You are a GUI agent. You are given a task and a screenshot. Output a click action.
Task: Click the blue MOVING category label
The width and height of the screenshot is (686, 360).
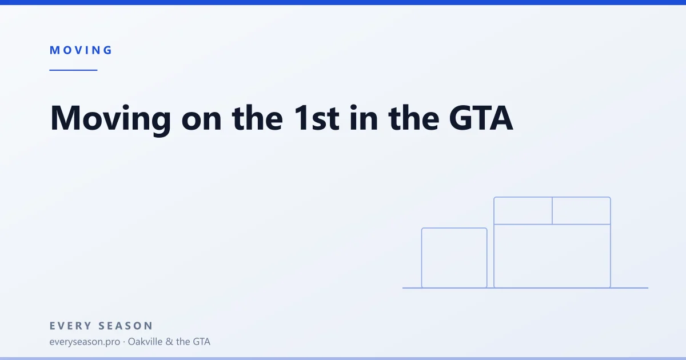[81, 50]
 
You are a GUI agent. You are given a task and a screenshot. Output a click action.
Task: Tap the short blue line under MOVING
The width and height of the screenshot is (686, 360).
[74, 70]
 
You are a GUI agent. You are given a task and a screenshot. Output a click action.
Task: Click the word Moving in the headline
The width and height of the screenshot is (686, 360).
[110, 119]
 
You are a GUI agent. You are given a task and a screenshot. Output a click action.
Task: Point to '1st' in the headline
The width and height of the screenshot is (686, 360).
[317, 118]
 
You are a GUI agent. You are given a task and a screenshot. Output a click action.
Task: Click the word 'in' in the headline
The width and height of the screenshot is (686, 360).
[364, 118]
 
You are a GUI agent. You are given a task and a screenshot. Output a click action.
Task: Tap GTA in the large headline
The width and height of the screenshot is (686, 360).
[481, 118]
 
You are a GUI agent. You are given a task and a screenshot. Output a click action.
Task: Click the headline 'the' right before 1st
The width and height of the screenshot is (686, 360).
[258, 118]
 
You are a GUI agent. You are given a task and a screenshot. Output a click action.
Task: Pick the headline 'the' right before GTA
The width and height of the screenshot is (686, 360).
[414, 118]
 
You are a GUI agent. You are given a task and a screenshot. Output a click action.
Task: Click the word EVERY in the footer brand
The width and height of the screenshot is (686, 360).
[71, 326]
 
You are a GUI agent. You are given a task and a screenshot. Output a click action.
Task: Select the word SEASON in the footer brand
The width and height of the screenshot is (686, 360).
[126, 326]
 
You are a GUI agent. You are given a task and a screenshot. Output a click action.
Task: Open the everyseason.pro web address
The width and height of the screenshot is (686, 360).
[85, 342]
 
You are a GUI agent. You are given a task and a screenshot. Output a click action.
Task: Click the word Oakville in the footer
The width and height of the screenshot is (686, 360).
[145, 341]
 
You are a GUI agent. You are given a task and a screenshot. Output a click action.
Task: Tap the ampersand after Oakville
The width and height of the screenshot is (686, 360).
[169, 342]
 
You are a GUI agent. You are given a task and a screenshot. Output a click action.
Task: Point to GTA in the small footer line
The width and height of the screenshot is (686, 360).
[201, 342]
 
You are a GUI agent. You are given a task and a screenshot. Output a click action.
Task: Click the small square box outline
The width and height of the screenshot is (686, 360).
[422, 258]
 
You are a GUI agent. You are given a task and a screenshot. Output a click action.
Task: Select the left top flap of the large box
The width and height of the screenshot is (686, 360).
[494, 211]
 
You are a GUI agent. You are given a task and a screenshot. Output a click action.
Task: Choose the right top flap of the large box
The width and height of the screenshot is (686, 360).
[611, 211]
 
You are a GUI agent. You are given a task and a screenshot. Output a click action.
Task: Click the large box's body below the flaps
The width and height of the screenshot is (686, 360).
[494, 256]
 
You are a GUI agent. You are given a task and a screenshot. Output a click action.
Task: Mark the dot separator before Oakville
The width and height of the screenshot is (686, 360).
[124, 342]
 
